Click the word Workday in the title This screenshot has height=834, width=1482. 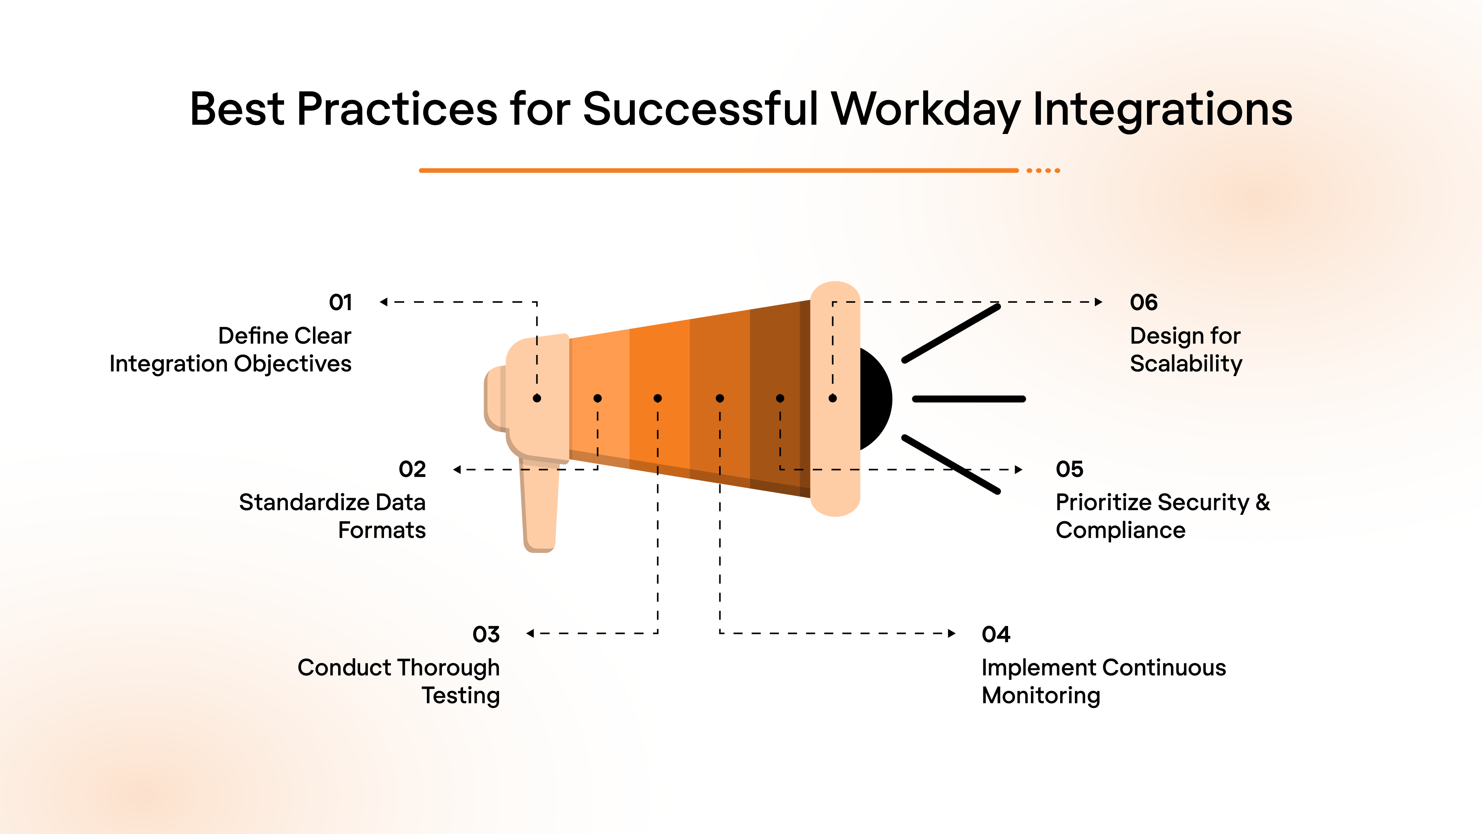(925, 109)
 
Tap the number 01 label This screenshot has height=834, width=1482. (340, 303)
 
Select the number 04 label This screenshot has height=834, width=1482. (995, 634)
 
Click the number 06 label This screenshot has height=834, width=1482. (1143, 303)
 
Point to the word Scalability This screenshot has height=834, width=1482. (1186, 364)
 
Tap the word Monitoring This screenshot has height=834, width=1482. (1040, 695)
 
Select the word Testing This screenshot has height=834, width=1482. (460, 695)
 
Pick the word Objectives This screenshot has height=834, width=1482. (292, 364)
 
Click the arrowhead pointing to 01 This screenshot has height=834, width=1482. (384, 302)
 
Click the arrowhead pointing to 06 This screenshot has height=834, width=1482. (1098, 302)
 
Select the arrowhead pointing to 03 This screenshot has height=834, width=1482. (530, 633)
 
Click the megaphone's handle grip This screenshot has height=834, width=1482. (540, 507)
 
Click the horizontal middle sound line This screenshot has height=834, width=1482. (969, 399)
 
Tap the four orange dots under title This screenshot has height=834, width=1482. (1043, 170)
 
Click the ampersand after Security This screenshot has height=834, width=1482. (1262, 502)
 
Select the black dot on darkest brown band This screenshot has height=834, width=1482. (780, 398)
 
